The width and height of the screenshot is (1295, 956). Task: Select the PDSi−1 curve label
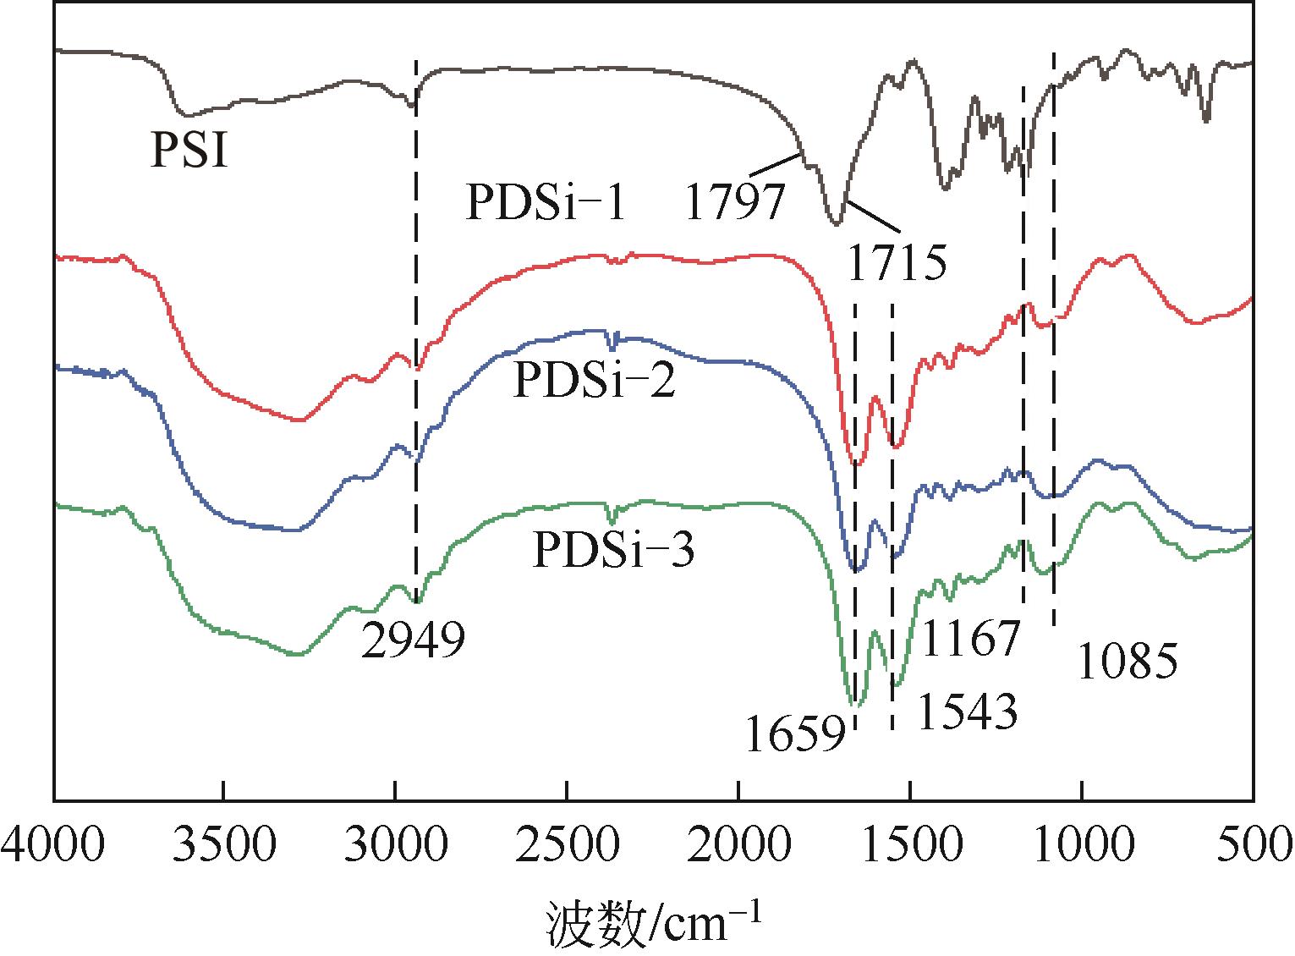click(546, 204)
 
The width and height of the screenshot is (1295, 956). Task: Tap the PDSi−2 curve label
click(594, 382)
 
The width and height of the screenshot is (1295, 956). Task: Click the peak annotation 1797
click(734, 204)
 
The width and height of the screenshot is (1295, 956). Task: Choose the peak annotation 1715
click(895, 263)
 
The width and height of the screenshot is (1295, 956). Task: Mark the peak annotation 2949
click(413, 641)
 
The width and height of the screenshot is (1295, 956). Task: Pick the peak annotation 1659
click(795, 734)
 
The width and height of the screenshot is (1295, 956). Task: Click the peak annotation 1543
click(966, 712)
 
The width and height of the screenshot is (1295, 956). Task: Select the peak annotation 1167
click(971, 639)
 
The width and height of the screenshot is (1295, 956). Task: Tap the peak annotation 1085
click(1127, 662)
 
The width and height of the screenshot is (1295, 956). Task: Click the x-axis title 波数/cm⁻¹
click(652, 923)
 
